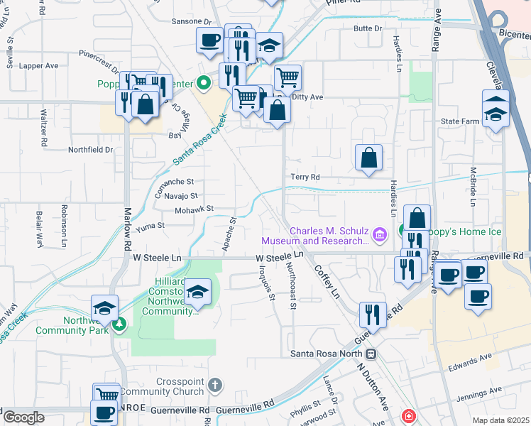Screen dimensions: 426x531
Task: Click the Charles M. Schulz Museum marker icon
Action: click(380, 234)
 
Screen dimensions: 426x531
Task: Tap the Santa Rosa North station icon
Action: click(370, 353)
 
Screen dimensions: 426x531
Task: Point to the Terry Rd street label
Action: click(305, 177)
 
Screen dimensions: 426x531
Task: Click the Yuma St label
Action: click(150, 225)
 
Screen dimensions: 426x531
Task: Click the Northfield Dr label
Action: click(90, 150)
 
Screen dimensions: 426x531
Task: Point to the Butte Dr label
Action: click(368, 28)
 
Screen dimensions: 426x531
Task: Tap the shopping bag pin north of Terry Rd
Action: click(368, 158)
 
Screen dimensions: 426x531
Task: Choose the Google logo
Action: click(23, 417)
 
